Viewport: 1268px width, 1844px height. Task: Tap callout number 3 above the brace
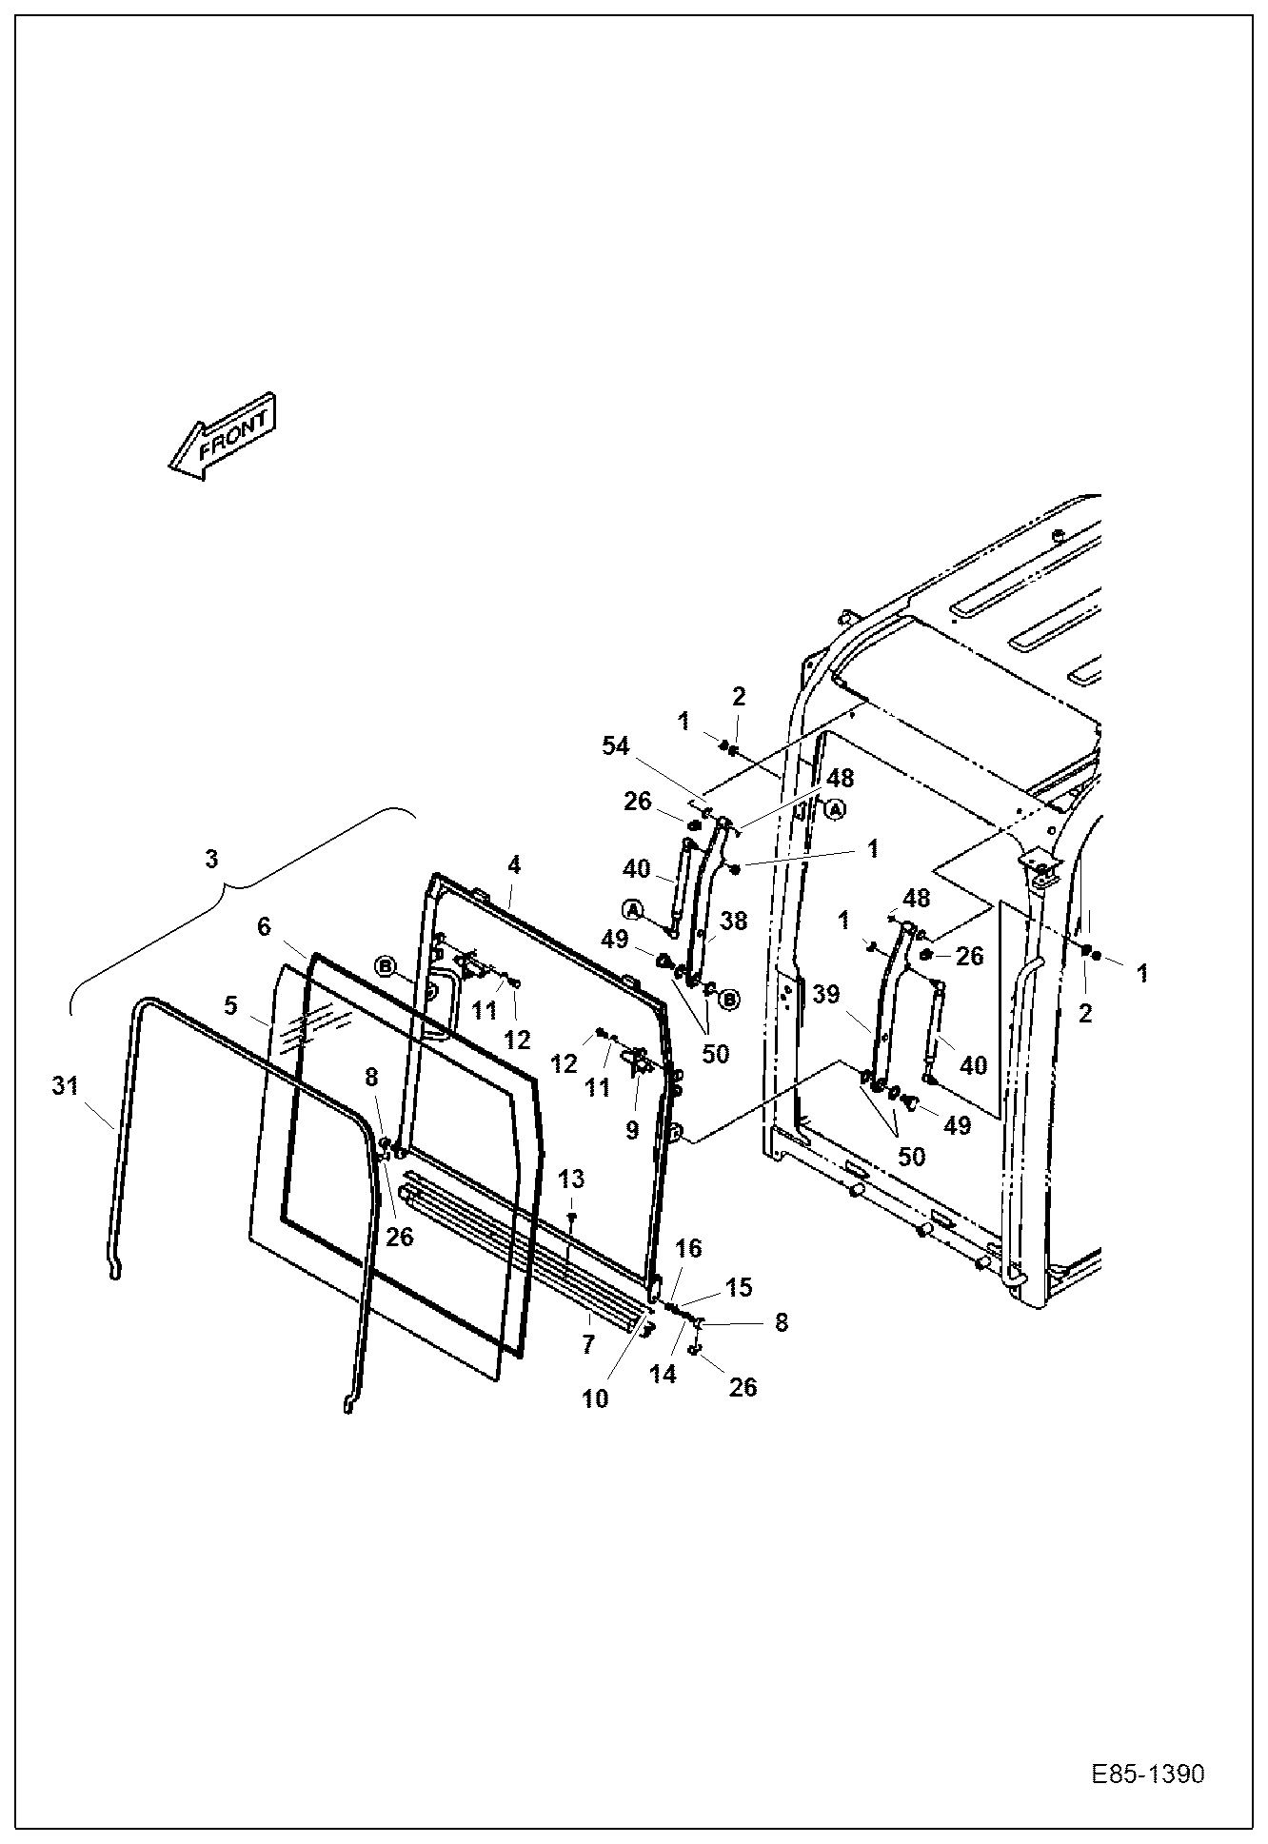click(211, 859)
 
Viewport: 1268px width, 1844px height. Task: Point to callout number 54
click(616, 745)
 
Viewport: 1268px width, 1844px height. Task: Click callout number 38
click(734, 921)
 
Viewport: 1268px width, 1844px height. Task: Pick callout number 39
click(826, 994)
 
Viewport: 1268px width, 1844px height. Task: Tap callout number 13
click(571, 1180)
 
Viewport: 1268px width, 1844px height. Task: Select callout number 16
click(688, 1248)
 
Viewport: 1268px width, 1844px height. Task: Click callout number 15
click(739, 1287)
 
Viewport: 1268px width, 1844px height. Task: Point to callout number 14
click(663, 1374)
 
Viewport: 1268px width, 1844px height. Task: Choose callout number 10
click(595, 1398)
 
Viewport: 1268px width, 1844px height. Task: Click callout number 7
click(587, 1344)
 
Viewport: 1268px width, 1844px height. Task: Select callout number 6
click(265, 926)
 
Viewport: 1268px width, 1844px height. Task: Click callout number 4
click(514, 864)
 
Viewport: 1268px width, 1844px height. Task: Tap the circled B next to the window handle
click(385, 965)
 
